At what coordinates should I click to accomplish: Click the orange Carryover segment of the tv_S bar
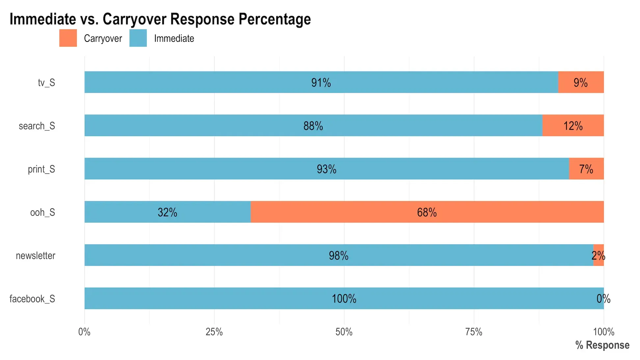(x=581, y=82)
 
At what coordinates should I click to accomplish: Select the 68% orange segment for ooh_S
(x=427, y=212)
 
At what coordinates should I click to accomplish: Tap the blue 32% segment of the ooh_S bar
(x=167, y=212)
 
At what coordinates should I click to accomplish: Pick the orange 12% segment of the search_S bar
(x=573, y=125)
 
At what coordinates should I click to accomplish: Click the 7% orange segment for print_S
(x=586, y=169)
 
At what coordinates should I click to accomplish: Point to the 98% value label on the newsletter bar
(x=338, y=255)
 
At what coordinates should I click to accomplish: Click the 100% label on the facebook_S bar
(x=344, y=298)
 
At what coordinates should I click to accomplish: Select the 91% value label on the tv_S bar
(x=321, y=82)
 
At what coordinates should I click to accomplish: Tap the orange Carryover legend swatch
(x=68, y=38)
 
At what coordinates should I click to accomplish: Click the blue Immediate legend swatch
(x=138, y=38)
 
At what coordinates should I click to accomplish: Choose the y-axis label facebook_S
(x=32, y=299)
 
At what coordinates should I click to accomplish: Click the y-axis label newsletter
(x=36, y=256)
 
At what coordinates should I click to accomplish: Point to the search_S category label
(x=37, y=126)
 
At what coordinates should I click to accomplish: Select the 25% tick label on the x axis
(x=214, y=332)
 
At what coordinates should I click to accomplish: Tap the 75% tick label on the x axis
(x=474, y=332)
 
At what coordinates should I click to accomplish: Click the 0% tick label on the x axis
(x=84, y=332)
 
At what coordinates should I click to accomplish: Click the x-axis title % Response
(x=602, y=345)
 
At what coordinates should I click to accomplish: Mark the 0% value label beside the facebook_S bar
(x=603, y=298)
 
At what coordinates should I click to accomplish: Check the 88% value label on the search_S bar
(x=313, y=126)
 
